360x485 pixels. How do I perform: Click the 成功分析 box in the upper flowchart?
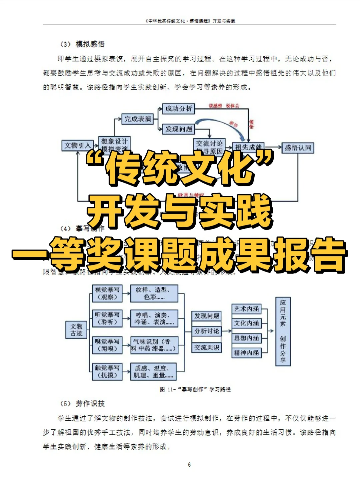pos(179,109)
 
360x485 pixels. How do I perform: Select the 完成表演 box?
pos(138,119)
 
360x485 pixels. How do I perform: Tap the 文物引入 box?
pos(77,145)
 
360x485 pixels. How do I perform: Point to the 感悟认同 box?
pos(298,148)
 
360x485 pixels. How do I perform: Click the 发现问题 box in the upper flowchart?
pos(179,129)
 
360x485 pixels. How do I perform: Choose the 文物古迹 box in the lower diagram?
pos(76,330)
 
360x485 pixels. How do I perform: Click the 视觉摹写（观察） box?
pos(107,293)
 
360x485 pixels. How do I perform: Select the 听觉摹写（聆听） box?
pos(107,318)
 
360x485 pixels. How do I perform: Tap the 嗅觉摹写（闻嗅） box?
pos(107,345)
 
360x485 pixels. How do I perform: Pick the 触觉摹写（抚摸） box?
pos(107,371)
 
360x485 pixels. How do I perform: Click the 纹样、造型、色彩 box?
pos(154,293)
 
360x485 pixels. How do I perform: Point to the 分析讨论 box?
pos(207,331)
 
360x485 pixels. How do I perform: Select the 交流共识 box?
pos(207,347)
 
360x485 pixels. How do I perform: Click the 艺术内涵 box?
pos(246,309)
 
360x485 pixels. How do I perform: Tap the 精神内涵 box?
pos(246,353)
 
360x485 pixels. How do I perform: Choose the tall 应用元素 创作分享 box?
pos(283,331)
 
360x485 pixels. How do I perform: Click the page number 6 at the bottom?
pos(189,464)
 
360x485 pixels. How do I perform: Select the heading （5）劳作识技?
pos(82,404)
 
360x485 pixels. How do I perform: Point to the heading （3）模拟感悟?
pos(82,44)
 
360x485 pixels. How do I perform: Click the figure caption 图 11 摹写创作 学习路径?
pos(195,389)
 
